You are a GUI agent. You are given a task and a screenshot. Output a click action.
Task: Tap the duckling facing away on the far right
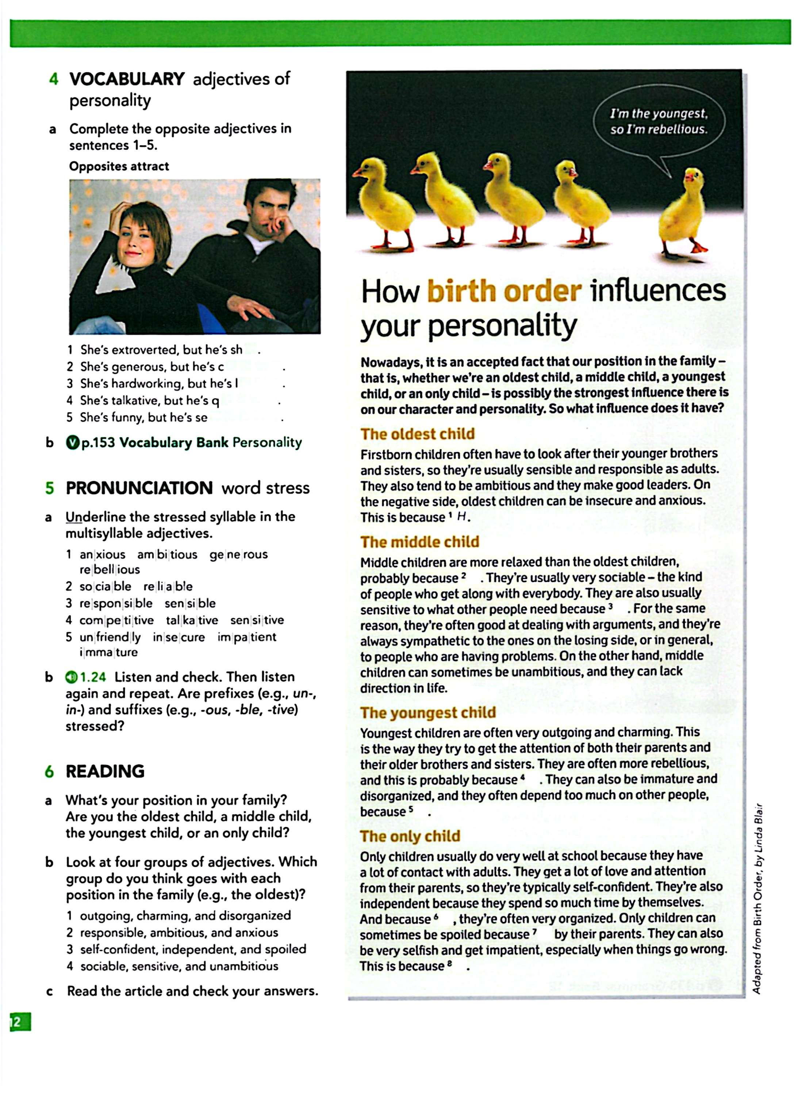685,212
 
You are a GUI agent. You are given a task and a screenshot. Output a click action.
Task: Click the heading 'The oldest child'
417,434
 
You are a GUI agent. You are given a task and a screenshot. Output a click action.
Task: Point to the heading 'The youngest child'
428,712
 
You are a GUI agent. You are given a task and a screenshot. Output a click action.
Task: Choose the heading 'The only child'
410,836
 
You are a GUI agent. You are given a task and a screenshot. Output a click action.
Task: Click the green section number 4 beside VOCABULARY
54,79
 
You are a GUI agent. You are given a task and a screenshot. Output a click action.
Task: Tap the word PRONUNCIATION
139,488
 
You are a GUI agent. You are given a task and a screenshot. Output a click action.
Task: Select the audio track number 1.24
92,677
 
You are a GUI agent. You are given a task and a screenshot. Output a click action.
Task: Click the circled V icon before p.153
72,442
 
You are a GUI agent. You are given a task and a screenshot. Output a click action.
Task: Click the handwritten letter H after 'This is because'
462,516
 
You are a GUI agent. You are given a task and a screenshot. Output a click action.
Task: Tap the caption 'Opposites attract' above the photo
119,166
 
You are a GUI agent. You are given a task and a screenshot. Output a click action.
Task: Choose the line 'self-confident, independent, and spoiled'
193,949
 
